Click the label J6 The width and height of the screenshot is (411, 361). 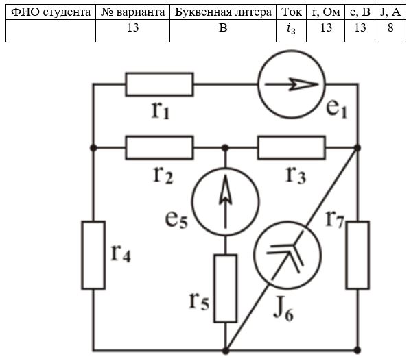tap(283, 310)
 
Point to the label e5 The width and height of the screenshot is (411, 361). tap(176, 219)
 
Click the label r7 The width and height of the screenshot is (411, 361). tap(334, 219)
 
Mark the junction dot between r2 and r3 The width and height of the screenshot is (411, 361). tap(225, 148)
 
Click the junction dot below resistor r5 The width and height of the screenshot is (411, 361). tap(226, 351)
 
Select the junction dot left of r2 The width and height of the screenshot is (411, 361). tap(93, 148)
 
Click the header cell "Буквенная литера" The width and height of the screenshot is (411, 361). tap(223, 12)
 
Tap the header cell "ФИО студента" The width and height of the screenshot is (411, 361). tap(51, 12)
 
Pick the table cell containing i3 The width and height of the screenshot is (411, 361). tap(291, 31)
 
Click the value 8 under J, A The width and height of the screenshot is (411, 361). tap(390, 27)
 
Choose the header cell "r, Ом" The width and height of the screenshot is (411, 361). tap(325, 12)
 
